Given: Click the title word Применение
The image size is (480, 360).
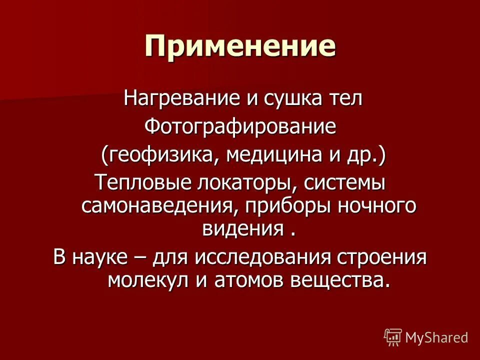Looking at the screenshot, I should pyautogui.click(x=240, y=46).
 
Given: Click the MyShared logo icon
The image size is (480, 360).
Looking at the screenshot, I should pyautogui.click(x=393, y=336).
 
